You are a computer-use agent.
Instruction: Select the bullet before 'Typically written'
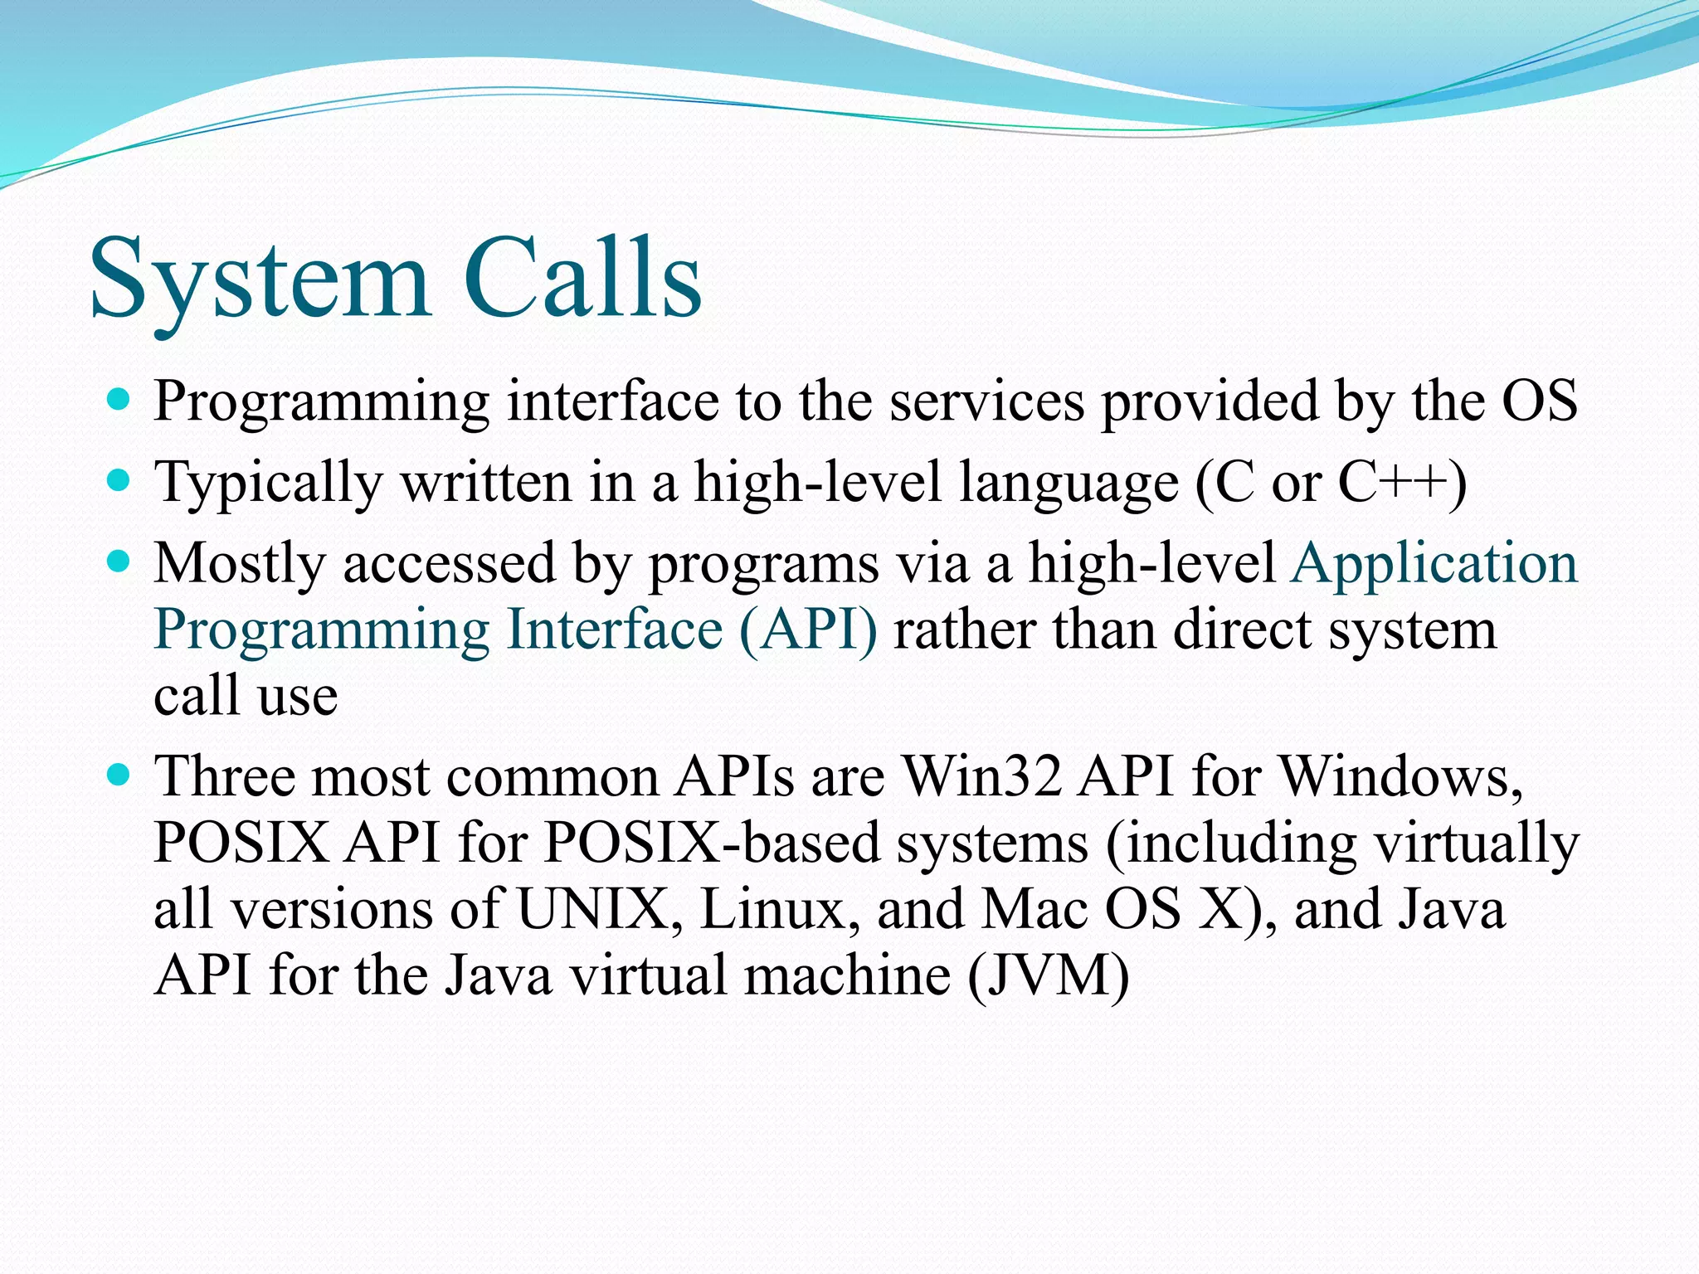[x=119, y=481]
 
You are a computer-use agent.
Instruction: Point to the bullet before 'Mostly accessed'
[x=119, y=562]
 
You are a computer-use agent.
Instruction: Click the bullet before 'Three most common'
[x=119, y=776]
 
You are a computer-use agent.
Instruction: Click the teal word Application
[x=1434, y=562]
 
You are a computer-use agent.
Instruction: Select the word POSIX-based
[x=712, y=843]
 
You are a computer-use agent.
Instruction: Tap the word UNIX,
[x=601, y=909]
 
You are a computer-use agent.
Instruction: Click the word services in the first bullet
[x=987, y=401]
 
